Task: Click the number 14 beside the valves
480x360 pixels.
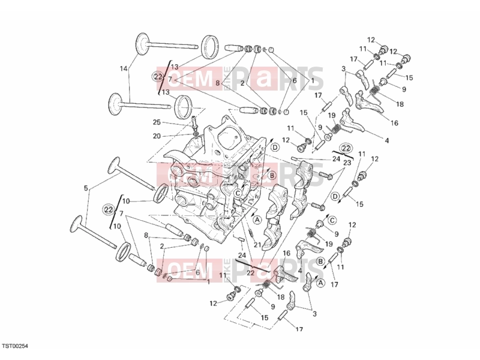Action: [124, 69]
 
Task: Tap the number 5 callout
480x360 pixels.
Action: [86, 188]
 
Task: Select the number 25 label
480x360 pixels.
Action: [157, 122]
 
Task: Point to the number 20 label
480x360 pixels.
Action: [157, 136]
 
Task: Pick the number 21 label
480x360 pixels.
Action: [257, 244]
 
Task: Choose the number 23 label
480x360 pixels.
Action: [347, 163]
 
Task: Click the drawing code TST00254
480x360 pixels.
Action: [16, 346]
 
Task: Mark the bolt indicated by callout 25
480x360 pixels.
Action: [193, 122]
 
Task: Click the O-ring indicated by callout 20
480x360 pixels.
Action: [195, 134]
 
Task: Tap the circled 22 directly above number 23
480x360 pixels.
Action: [346, 148]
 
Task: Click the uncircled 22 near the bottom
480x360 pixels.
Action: [250, 272]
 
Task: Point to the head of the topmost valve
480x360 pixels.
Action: [142, 44]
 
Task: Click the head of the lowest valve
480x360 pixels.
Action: [77, 226]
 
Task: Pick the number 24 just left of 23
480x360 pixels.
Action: [336, 159]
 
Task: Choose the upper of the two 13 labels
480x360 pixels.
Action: [174, 67]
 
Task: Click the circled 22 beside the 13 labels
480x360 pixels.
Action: [158, 77]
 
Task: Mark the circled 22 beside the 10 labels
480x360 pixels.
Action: [108, 209]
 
